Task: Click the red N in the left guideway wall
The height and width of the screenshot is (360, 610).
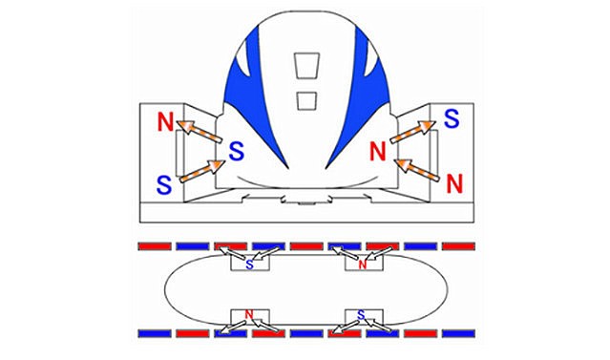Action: pyautogui.click(x=165, y=121)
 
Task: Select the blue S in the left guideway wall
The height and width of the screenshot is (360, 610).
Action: pyautogui.click(x=164, y=185)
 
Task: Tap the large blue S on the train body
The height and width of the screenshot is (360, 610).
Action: pyautogui.click(x=236, y=151)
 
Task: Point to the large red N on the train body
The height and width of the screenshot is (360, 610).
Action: pyautogui.click(x=377, y=152)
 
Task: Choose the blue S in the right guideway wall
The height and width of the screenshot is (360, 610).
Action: pyautogui.click(x=452, y=118)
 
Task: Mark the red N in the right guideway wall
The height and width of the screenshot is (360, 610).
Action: pyautogui.click(x=454, y=183)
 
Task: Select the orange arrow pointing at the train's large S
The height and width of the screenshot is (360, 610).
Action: pyautogui.click(x=202, y=171)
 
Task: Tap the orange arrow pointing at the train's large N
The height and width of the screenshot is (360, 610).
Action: pyautogui.click(x=416, y=170)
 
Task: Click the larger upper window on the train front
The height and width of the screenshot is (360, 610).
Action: pyautogui.click(x=306, y=65)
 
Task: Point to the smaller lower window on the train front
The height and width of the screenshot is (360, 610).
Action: pyautogui.click(x=306, y=100)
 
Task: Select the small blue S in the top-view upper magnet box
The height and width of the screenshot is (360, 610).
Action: pyautogui.click(x=249, y=265)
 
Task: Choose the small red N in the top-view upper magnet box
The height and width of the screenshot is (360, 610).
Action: pyautogui.click(x=363, y=265)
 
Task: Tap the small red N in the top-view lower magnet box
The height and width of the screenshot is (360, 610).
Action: pyautogui.click(x=249, y=314)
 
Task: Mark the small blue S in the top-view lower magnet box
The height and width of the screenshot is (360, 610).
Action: pyautogui.click(x=361, y=314)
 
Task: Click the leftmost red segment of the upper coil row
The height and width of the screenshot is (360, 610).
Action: pyautogui.click(x=155, y=246)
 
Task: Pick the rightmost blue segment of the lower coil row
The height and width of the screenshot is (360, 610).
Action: pyautogui.click(x=458, y=333)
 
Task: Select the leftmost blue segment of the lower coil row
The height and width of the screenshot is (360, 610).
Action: pyautogui.click(x=155, y=333)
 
